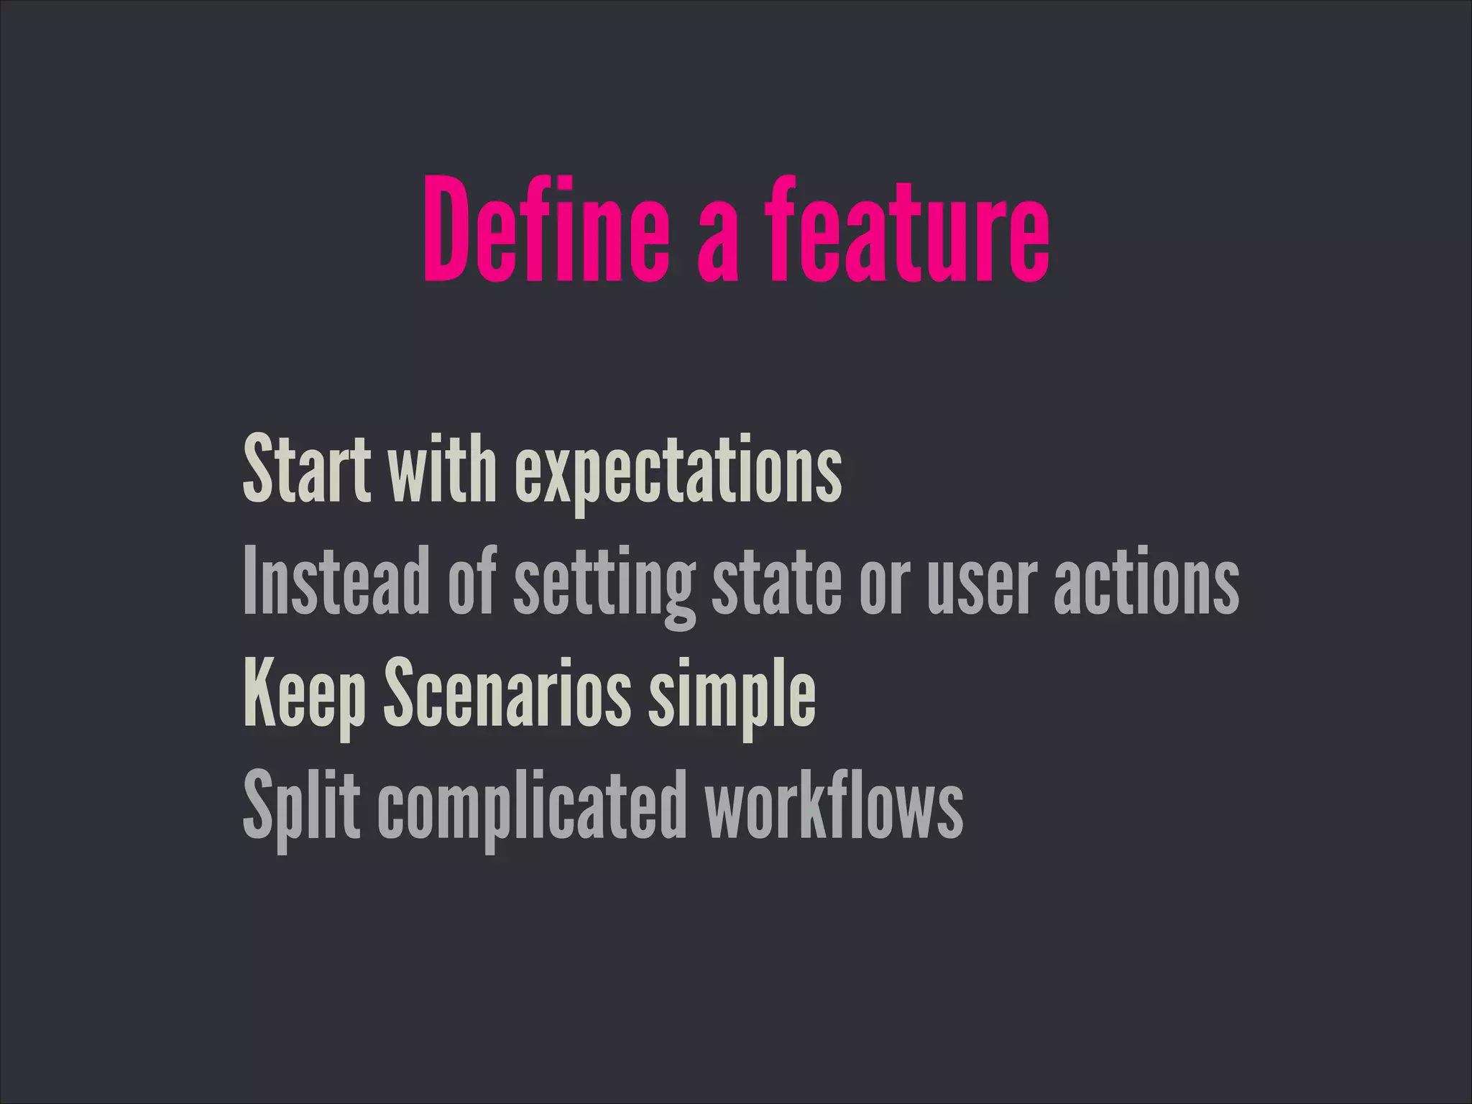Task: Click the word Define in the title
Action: [x=546, y=230]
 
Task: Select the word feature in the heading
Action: [x=906, y=230]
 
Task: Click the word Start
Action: [x=307, y=471]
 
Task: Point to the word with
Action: [x=442, y=471]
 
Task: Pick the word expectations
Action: [x=678, y=474]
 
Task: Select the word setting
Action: [x=604, y=586]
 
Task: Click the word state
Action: [x=776, y=582]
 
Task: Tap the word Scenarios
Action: [x=507, y=694]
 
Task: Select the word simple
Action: [x=732, y=697]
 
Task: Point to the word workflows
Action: [x=834, y=805]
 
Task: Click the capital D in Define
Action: [x=449, y=230]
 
